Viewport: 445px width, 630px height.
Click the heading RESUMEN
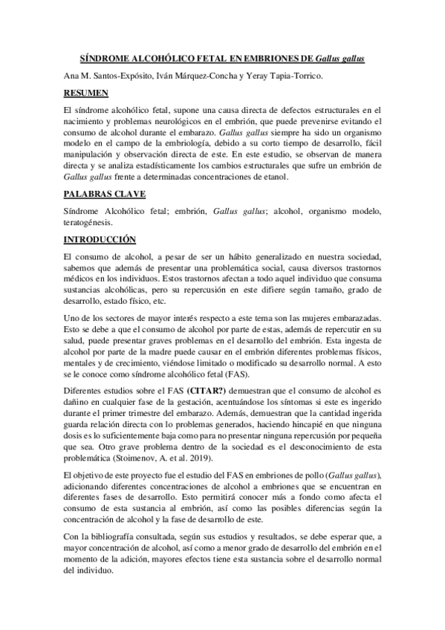tap(86, 93)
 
